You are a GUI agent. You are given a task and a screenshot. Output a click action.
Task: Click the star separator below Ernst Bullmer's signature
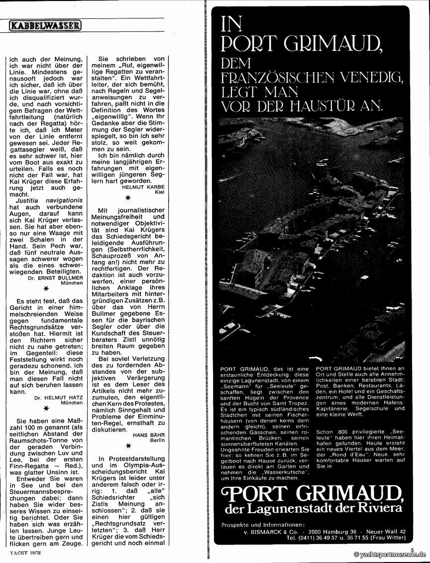(x=46, y=289)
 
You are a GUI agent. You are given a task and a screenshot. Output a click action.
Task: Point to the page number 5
(x=412, y=549)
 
